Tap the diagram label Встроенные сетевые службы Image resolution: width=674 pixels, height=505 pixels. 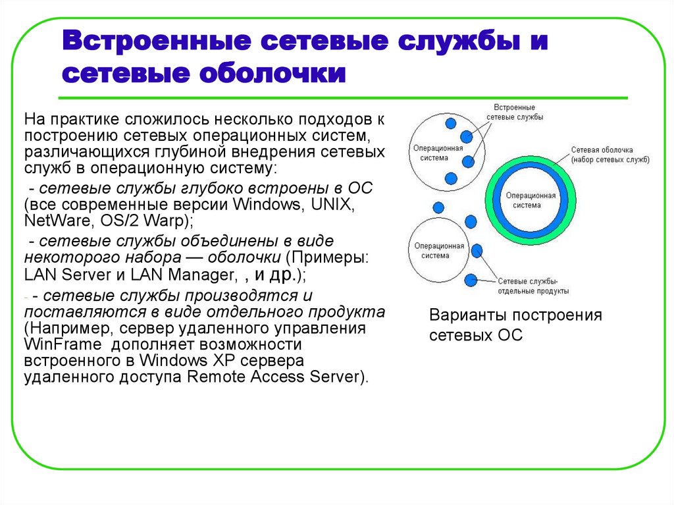tap(509, 111)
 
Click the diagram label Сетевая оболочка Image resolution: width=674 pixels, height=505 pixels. tap(602, 149)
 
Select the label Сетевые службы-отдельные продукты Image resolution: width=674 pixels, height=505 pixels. tap(532, 285)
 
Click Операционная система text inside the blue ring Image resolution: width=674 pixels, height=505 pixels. tap(531, 200)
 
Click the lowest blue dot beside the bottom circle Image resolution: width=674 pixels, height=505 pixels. tap(471, 280)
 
